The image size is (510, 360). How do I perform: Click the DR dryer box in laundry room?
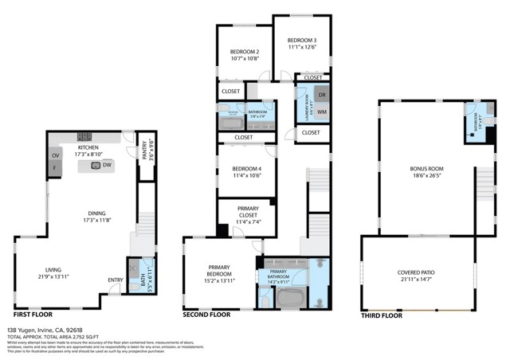[x=322, y=95]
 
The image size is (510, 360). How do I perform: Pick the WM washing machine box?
[x=322, y=112]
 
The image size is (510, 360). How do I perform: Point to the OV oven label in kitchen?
[x=55, y=155]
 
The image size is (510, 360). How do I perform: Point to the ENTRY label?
[x=116, y=280]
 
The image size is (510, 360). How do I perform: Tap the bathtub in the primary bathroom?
[x=292, y=299]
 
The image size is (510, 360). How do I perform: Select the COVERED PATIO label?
[x=419, y=276]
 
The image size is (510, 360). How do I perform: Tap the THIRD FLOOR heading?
[x=382, y=315]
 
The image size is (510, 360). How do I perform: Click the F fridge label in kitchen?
[x=55, y=170]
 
